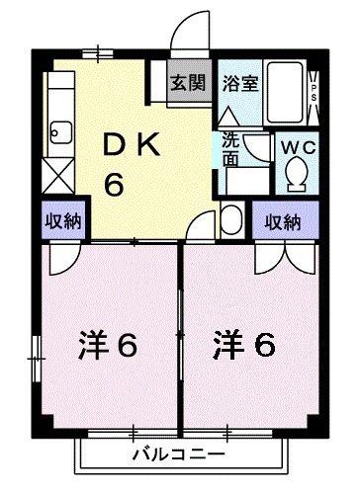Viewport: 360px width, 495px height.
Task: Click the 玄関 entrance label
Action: click(188, 82)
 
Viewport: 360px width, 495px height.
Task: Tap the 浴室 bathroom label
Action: click(240, 83)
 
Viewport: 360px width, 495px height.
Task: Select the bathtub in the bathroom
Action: click(285, 92)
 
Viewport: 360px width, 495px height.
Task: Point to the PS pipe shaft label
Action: click(314, 93)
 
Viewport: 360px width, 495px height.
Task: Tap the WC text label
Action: click(298, 147)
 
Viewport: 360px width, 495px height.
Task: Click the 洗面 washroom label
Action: click(230, 149)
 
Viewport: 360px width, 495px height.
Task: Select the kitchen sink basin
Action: click(61, 132)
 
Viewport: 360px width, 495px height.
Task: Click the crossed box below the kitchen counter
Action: click(58, 176)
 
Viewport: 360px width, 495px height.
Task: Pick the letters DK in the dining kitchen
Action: click(132, 144)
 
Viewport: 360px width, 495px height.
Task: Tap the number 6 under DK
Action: click(114, 184)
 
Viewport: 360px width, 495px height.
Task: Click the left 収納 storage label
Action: click(63, 221)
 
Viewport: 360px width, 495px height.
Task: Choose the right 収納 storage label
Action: click(283, 222)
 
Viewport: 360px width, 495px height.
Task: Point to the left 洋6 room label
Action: click(108, 345)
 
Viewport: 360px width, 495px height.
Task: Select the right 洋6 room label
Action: click(244, 345)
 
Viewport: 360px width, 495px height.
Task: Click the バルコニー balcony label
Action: click(178, 454)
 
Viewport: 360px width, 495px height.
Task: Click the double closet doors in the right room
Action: click(286, 259)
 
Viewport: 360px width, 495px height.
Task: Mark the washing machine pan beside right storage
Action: click(232, 219)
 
